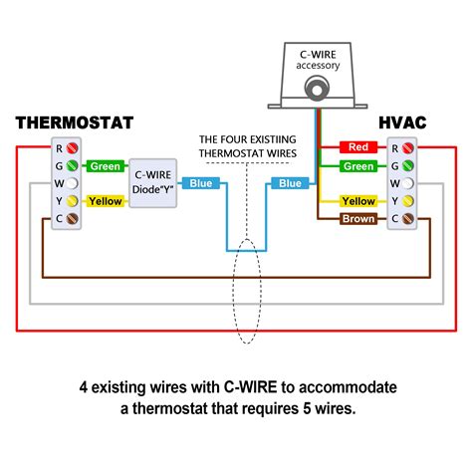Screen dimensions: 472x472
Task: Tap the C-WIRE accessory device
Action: pyautogui.click(x=317, y=80)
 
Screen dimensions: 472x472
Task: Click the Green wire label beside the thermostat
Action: pyautogui.click(x=105, y=166)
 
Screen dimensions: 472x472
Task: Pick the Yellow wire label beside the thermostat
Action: pyautogui.click(x=105, y=201)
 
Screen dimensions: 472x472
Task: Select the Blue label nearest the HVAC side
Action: pyautogui.click(x=291, y=183)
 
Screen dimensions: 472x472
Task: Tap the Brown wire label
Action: pyautogui.click(x=359, y=218)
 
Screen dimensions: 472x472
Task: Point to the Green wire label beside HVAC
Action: pyautogui.click(x=359, y=166)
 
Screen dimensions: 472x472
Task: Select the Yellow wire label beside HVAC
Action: pyautogui.click(x=359, y=201)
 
